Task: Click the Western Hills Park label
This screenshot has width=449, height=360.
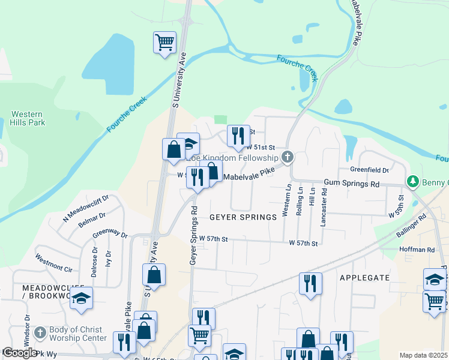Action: pos(28,118)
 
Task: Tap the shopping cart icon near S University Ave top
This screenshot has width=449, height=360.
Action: pos(164,43)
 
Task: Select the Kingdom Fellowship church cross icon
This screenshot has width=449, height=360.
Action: pos(288,157)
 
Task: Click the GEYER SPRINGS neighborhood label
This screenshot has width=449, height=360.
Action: pos(243,217)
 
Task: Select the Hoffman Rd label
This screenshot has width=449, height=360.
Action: pos(417,250)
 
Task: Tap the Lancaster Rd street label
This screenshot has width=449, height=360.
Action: pos(324,205)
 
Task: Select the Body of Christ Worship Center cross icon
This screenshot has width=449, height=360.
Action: pos(40,332)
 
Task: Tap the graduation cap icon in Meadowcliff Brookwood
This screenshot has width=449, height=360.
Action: pos(81,298)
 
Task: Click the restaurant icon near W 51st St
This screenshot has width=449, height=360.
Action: pos(238,136)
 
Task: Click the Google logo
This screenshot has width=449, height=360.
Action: pos(20,353)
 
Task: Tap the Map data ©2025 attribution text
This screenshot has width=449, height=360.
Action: pos(423,355)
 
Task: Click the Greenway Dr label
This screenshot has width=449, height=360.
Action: pos(110,232)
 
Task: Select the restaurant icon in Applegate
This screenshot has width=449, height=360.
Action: pos(310,283)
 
